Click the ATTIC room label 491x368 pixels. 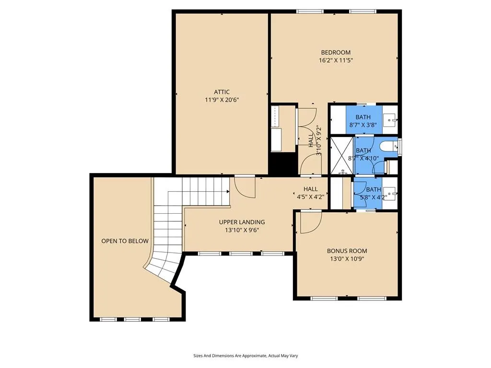click(222, 92)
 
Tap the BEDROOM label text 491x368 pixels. click(336, 53)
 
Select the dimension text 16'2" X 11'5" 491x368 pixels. click(336, 60)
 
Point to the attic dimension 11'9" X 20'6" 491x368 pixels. click(222, 100)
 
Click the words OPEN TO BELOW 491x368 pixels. click(125, 241)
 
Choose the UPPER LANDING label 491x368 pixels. click(242, 222)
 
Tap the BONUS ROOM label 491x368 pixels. click(347, 251)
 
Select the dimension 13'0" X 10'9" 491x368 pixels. click(347, 259)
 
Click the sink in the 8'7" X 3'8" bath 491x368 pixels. click(390, 120)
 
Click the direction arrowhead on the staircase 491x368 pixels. click(228, 192)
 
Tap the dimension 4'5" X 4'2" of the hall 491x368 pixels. click(310, 197)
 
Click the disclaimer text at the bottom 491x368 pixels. click(245, 356)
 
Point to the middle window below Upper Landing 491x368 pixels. click(241, 253)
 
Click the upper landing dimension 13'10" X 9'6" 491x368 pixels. click(242, 230)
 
